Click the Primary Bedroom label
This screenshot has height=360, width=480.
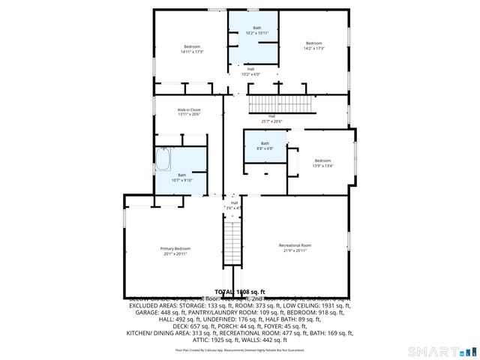coord(175,248)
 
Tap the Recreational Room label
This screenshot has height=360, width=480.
coord(295,245)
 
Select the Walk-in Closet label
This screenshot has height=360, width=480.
coord(189,109)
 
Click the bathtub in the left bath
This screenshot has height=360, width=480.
coord(164,160)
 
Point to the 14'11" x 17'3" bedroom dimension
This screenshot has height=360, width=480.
coord(192,52)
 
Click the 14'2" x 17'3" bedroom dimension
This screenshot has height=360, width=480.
coord(313,49)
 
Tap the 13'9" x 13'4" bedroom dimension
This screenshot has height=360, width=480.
coord(322,166)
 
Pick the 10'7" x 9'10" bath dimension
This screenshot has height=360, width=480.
coord(181,180)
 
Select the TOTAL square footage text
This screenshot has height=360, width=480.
coord(240,291)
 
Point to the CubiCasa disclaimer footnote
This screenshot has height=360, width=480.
coord(239,349)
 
